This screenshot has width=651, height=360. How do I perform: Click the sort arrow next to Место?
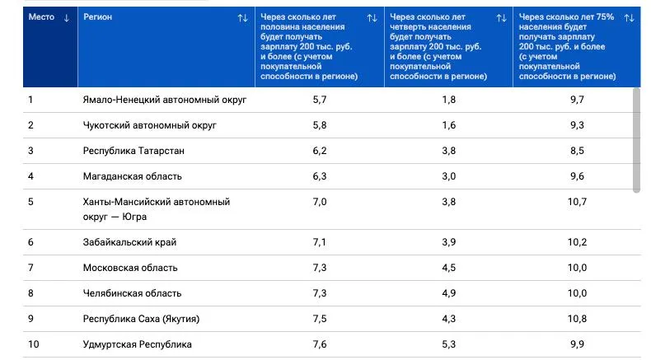67,18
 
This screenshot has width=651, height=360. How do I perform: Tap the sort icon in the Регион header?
242,18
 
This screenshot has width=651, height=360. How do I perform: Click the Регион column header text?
97,17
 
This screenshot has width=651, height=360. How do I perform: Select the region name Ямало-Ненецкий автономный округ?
165,100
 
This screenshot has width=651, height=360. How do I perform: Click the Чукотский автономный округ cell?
149,125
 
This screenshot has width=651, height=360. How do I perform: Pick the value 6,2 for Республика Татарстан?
320,151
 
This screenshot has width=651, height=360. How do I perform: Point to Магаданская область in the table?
133,176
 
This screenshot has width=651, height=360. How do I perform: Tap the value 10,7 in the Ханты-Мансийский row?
577,202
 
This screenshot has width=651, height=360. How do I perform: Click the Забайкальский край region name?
129,242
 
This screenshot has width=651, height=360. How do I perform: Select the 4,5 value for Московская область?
449,268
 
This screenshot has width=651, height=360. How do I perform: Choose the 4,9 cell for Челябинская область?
449,293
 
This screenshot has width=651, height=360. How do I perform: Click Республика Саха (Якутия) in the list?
141,319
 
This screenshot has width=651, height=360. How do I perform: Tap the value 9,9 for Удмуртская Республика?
577,344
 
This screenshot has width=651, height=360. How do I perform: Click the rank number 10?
34,344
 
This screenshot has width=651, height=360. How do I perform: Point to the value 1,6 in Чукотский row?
449,125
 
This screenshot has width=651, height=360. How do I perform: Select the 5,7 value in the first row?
320,100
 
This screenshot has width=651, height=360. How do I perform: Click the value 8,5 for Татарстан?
577,151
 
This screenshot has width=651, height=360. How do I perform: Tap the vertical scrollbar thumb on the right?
636,140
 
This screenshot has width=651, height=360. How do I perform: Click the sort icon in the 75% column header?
629,18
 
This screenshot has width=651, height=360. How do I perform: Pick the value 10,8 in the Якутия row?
577,319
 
